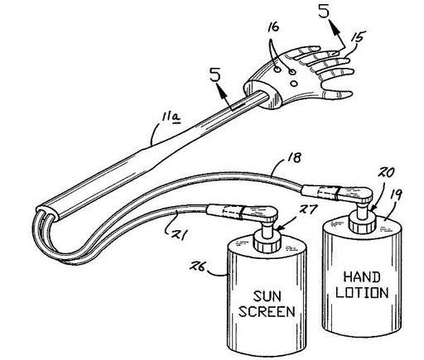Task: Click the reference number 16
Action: pyautogui.click(x=273, y=27)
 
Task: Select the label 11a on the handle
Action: pyautogui.click(x=171, y=118)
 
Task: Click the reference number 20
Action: pyautogui.click(x=386, y=173)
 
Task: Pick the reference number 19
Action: pyautogui.click(x=396, y=195)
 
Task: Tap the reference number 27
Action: pyautogui.click(x=306, y=210)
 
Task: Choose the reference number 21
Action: pyautogui.click(x=181, y=235)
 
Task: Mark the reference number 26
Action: pyautogui.click(x=197, y=266)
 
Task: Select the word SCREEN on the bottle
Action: pyautogui.click(x=267, y=311)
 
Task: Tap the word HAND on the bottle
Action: pyautogui.click(x=362, y=277)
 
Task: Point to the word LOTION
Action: pyautogui.click(x=362, y=292)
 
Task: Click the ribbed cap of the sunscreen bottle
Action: pyautogui.click(x=267, y=242)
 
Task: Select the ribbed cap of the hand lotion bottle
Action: pyautogui.click(x=363, y=223)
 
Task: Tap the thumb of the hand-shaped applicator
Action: pyautogui.click(x=338, y=94)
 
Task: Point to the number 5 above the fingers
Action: pyautogui.click(x=325, y=11)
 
